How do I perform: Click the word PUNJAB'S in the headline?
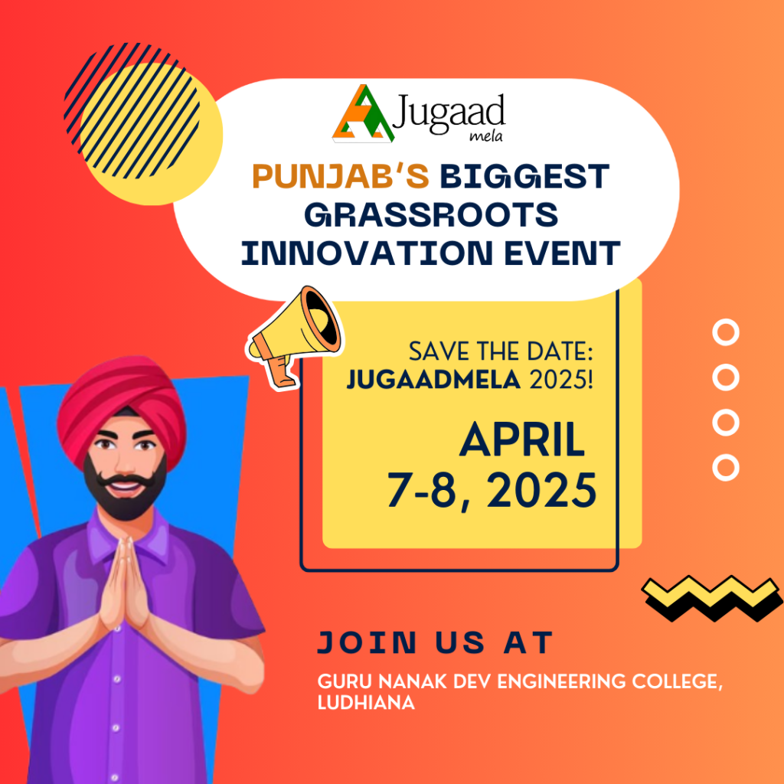(x=341, y=177)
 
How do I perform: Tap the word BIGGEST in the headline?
(x=524, y=177)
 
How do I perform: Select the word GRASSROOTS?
(x=431, y=215)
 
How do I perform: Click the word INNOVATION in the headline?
(x=367, y=253)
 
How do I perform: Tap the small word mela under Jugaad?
(x=486, y=136)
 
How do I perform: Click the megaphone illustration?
(x=295, y=336)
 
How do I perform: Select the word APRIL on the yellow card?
(x=522, y=440)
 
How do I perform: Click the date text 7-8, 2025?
(x=492, y=491)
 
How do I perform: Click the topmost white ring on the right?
(x=726, y=332)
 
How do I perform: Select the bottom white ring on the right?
(x=726, y=468)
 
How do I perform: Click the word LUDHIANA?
(x=366, y=703)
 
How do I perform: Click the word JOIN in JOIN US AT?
(x=367, y=642)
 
